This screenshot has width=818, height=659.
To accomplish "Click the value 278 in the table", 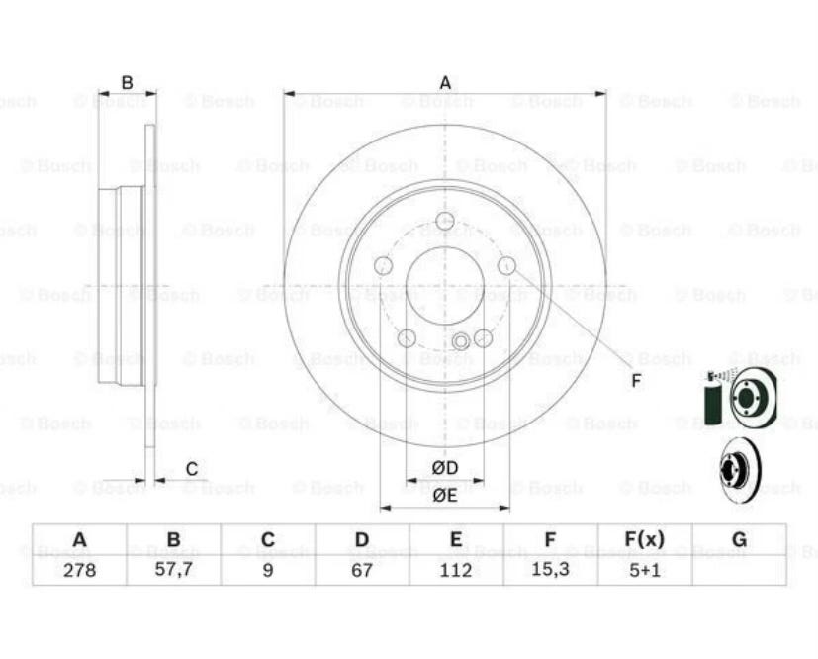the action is coord(79,570).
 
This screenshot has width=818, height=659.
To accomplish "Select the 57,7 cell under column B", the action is coord(174,570).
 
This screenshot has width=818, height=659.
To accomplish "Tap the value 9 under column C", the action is coord(268,570).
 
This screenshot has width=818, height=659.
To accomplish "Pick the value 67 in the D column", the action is coord(362,570).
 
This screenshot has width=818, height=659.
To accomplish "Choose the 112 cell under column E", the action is coord(456,570).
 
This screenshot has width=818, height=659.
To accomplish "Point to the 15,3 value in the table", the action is coord(550,570).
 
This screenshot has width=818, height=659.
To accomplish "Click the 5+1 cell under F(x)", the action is coord(645,570).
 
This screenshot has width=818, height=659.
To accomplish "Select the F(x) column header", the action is coord(645,539).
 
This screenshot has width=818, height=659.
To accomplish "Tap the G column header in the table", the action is coord(739,539).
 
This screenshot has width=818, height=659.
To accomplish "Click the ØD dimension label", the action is coord(444,468).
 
